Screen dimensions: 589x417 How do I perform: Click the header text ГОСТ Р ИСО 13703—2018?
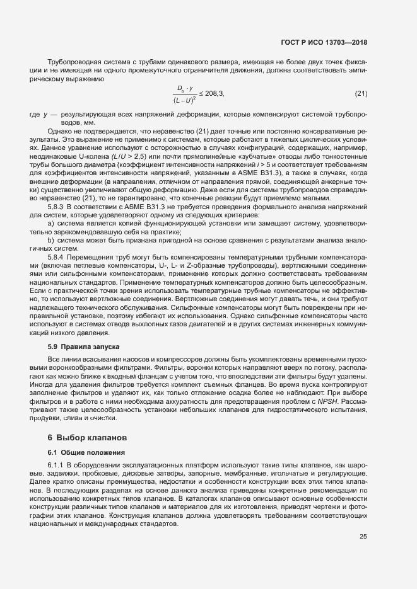[324, 42]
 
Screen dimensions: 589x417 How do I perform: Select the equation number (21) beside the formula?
[361, 93]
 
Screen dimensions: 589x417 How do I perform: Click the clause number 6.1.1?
[59, 465]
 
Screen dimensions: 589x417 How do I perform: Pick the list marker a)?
[51, 224]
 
